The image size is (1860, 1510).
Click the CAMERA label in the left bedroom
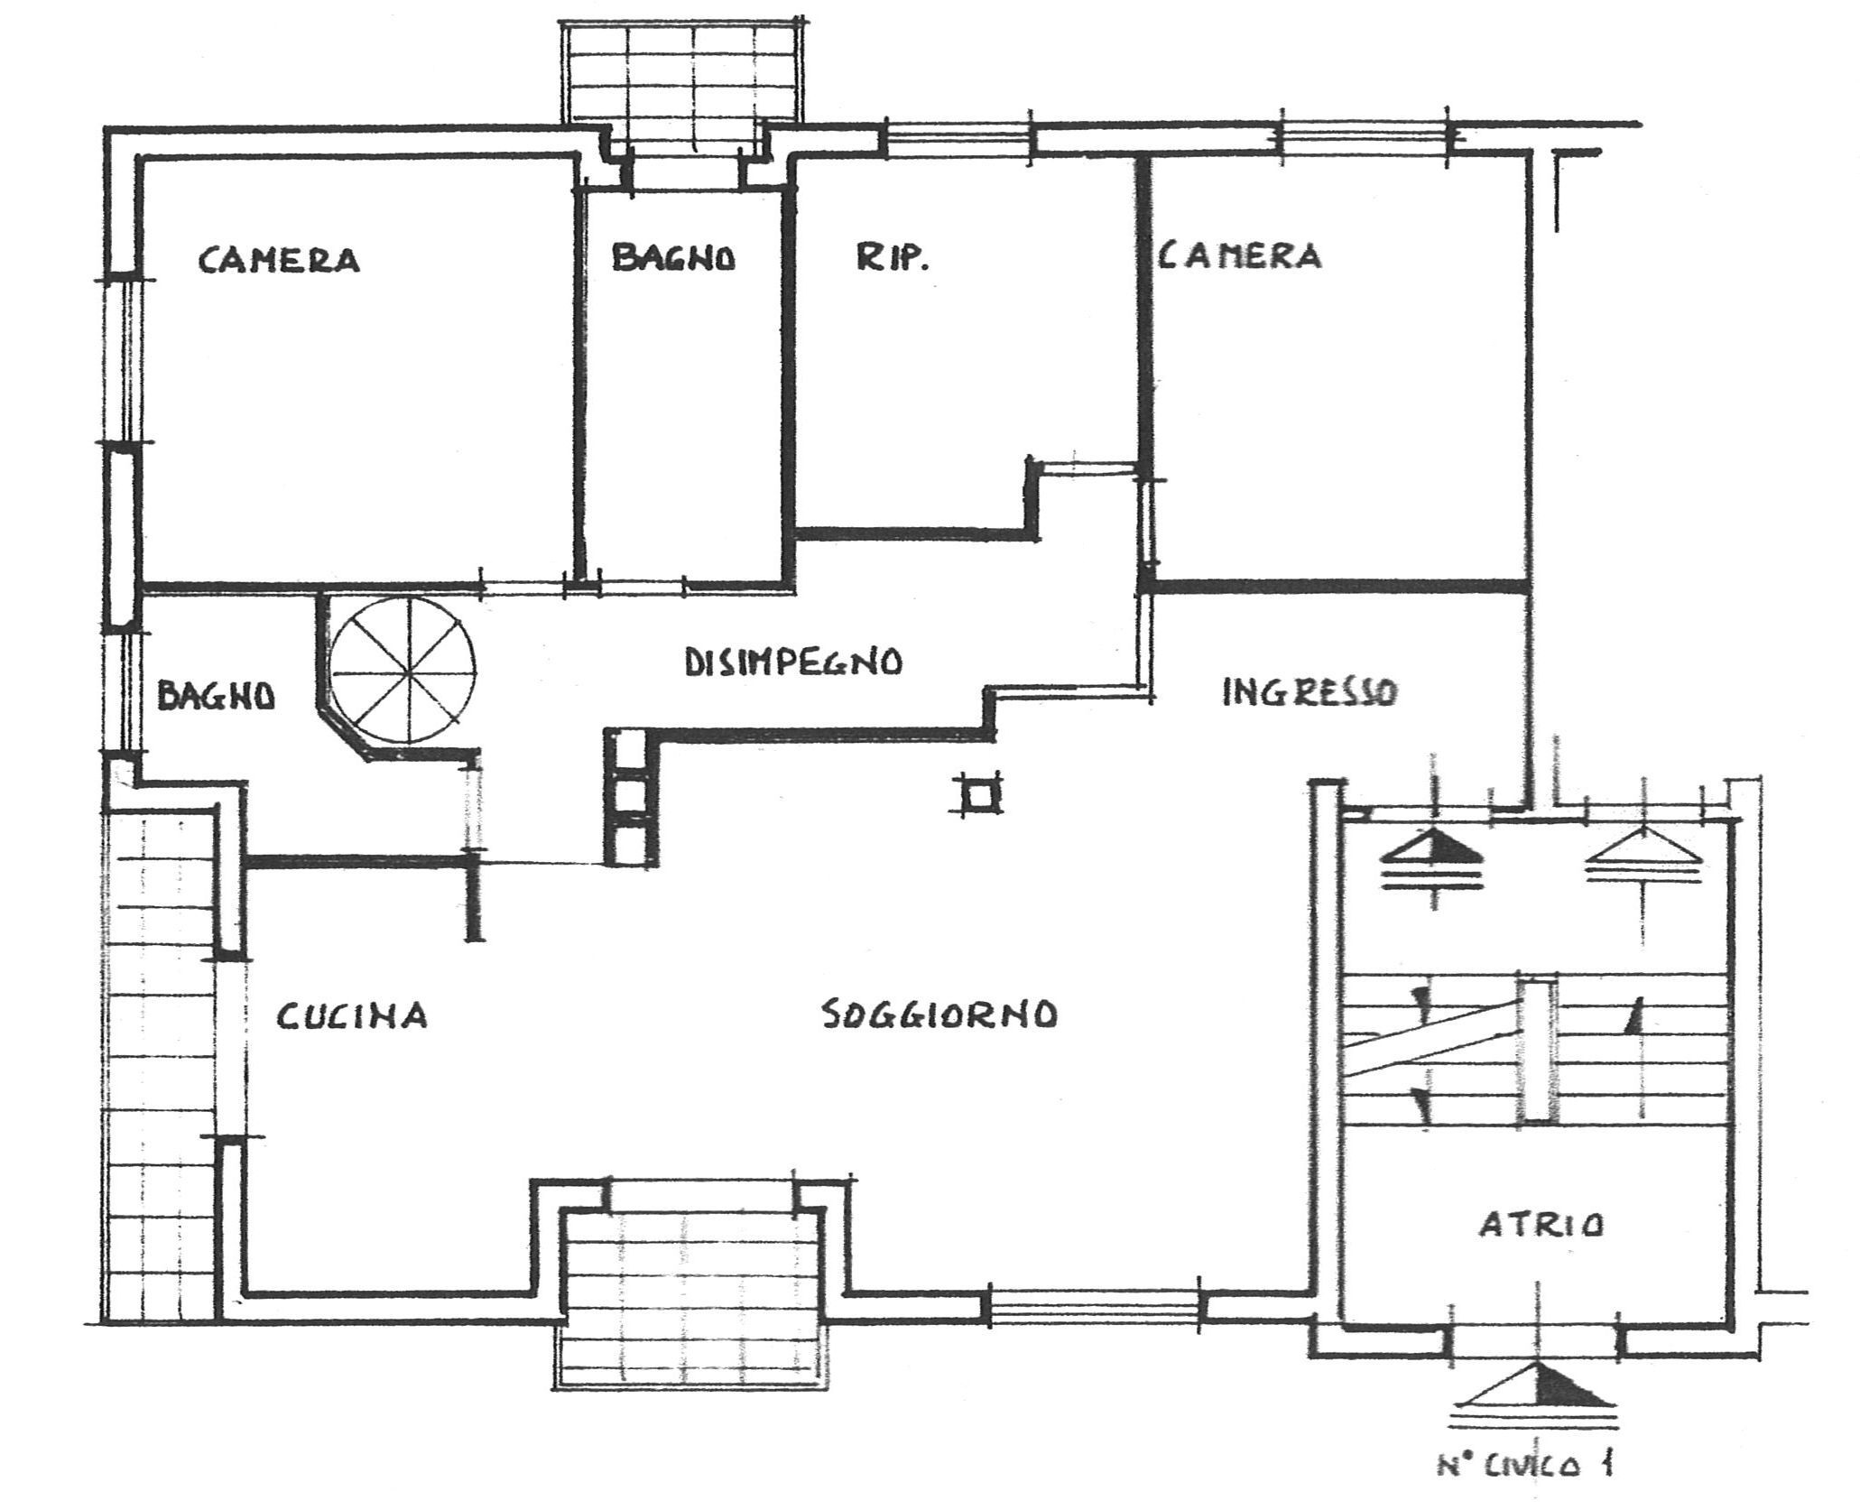(279, 260)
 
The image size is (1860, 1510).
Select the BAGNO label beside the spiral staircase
(216, 696)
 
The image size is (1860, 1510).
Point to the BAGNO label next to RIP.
(673, 258)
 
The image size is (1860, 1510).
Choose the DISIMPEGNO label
(793, 662)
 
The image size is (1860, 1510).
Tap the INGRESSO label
(1309, 692)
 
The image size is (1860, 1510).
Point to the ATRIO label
(1541, 1225)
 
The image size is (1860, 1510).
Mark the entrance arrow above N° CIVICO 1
(1537, 1385)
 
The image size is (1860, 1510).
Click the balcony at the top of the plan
(681, 72)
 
